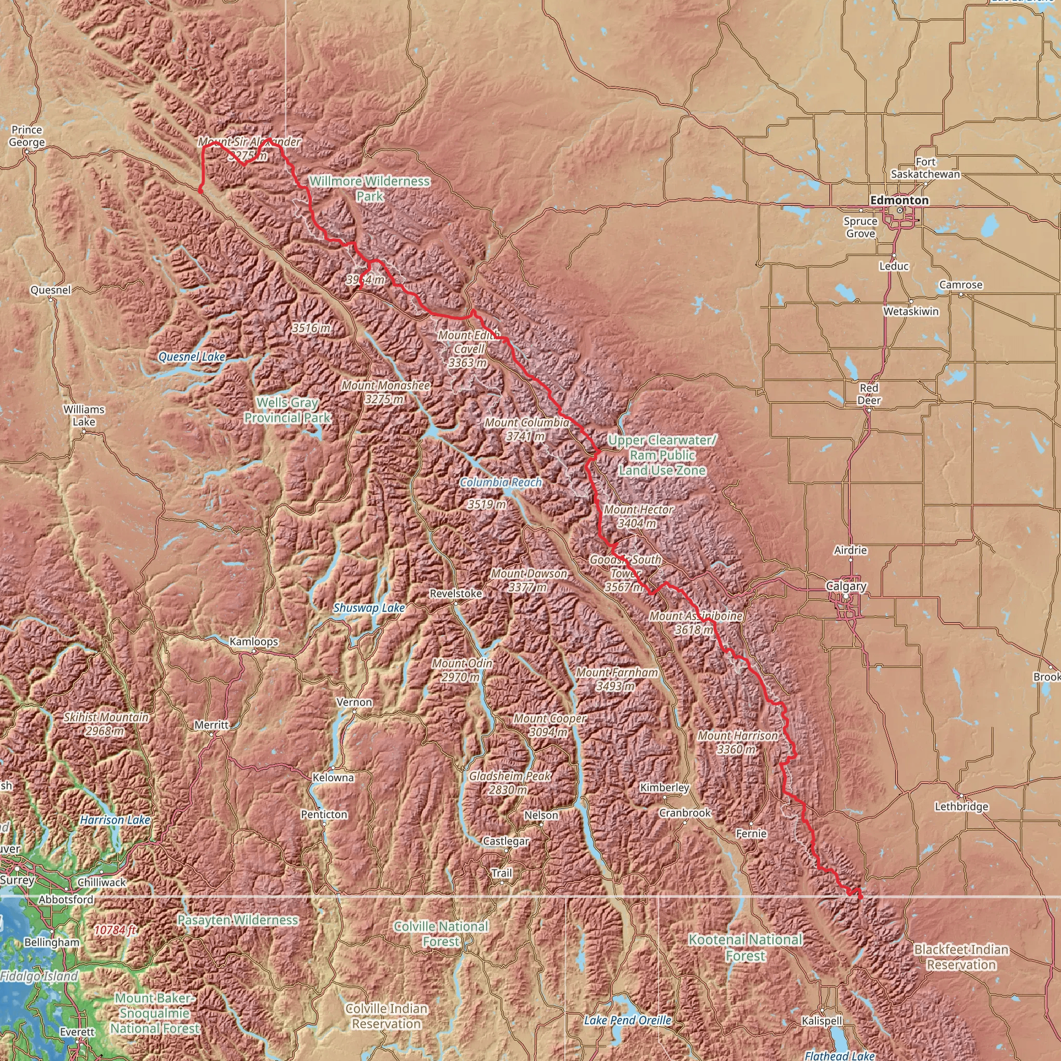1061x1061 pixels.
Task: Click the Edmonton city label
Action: [x=899, y=200]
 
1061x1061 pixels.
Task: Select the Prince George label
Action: [x=27, y=136]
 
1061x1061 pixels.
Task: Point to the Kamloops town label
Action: [x=254, y=641]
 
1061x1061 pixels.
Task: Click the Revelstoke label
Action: [x=456, y=594]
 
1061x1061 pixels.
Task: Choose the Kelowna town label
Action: [x=333, y=778]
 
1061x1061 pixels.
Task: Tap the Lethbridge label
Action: [x=962, y=807]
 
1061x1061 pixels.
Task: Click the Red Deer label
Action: [x=869, y=394]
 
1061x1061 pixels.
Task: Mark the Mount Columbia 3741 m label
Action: [x=527, y=429]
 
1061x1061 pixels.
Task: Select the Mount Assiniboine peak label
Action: [x=695, y=623]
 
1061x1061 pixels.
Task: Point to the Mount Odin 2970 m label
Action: [x=462, y=670]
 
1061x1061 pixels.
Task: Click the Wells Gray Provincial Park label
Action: [x=287, y=410]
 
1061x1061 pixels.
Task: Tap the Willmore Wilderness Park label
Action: [x=369, y=189]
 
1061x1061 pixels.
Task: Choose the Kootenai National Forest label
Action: [x=745, y=948]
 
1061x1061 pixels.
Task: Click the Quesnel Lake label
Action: [x=192, y=357]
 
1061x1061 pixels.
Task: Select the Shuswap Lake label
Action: [x=369, y=608]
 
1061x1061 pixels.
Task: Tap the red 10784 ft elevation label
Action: [x=115, y=930]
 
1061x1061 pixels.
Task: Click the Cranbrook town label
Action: [x=685, y=813]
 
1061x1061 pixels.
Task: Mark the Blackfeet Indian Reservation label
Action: [x=961, y=957]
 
